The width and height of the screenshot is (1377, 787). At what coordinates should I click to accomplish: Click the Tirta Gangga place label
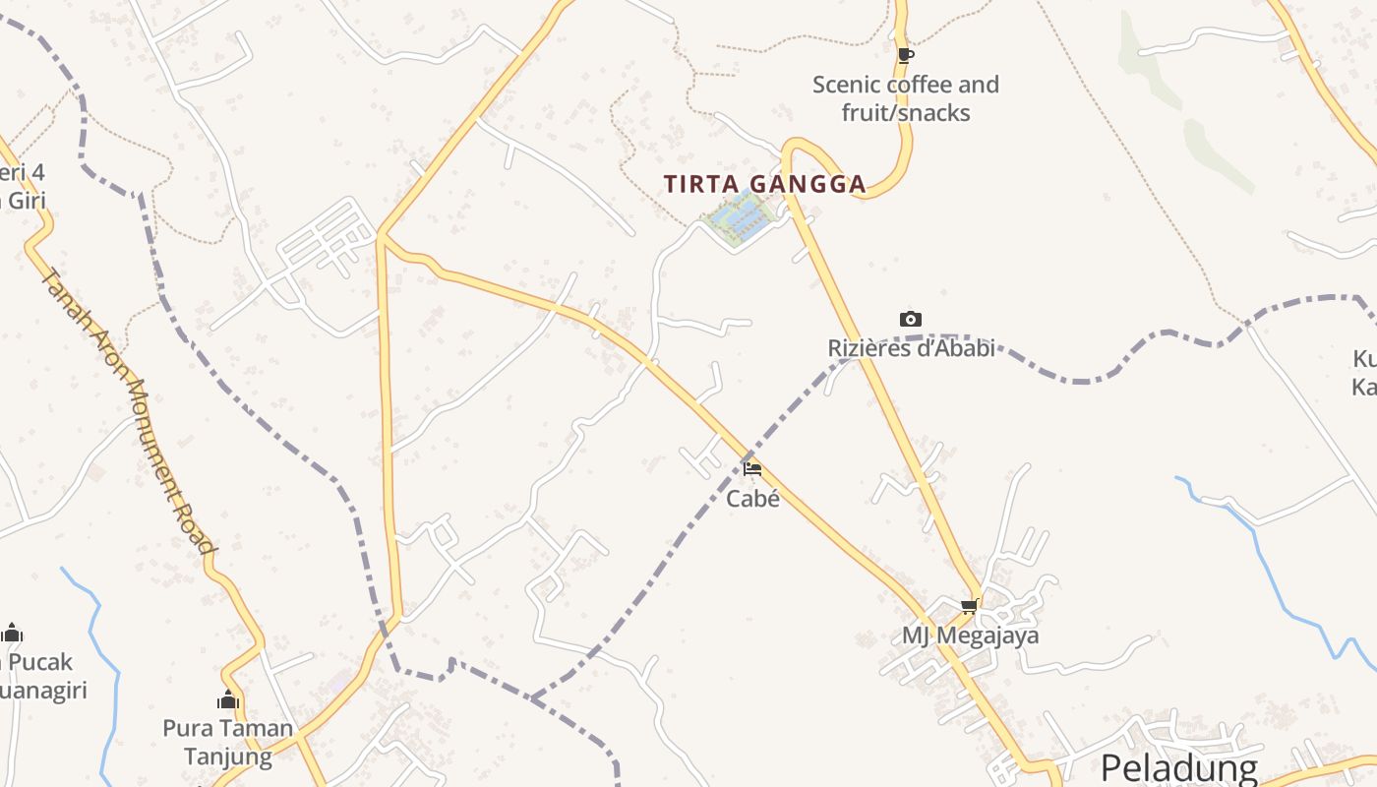click(764, 184)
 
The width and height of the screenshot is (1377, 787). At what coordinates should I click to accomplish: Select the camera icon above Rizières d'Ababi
click(911, 319)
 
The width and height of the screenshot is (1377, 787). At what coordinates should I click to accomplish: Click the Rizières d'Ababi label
click(911, 347)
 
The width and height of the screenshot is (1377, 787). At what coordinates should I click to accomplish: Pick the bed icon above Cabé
click(752, 469)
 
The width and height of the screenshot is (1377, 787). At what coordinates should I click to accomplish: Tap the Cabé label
click(752, 499)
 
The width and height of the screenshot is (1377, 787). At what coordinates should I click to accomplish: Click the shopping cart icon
click(970, 606)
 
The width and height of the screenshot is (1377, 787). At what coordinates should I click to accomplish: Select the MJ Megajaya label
click(970, 636)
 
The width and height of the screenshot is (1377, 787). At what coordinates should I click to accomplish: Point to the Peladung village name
click(1178, 768)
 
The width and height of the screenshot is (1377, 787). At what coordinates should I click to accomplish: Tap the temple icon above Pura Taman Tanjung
click(228, 700)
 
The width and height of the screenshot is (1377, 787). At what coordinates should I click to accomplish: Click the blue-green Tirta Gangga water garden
click(738, 218)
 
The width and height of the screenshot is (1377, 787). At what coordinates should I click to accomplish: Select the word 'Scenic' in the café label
click(848, 85)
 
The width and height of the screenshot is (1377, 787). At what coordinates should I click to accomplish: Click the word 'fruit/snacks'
click(906, 113)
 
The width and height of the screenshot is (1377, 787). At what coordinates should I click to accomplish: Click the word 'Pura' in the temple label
click(184, 729)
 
